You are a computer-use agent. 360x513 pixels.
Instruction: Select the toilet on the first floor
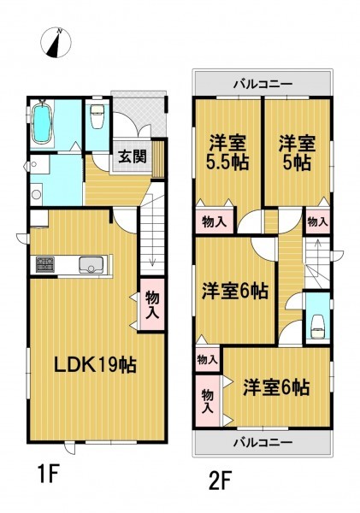pyautogui.click(x=97, y=116)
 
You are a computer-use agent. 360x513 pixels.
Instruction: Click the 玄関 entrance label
pyautogui.click(x=133, y=156)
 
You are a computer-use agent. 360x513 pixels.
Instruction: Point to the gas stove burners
pyautogui.click(x=45, y=265)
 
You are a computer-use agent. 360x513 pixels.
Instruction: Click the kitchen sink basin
pyautogui.click(x=91, y=265)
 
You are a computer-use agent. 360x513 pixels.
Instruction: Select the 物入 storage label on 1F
pyautogui.click(x=152, y=304)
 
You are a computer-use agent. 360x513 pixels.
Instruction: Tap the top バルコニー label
pyautogui.click(x=263, y=84)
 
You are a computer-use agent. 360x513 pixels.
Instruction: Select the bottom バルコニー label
pyautogui.click(x=263, y=443)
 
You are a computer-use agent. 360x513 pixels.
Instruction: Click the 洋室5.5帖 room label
pyautogui.click(x=227, y=152)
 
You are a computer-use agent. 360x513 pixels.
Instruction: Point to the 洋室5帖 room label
pyautogui.click(x=298, y=152)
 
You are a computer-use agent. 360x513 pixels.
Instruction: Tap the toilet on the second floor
pyautogui.click(x=318, y=326)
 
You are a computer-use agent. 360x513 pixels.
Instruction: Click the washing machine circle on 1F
pyautogui.click(x=36, y=194)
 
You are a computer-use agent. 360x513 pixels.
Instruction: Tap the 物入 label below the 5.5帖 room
pyautogui.click(x=215, y=222)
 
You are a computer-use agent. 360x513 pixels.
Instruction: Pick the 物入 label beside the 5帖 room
pyautogui.click(x=317, y=221)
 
